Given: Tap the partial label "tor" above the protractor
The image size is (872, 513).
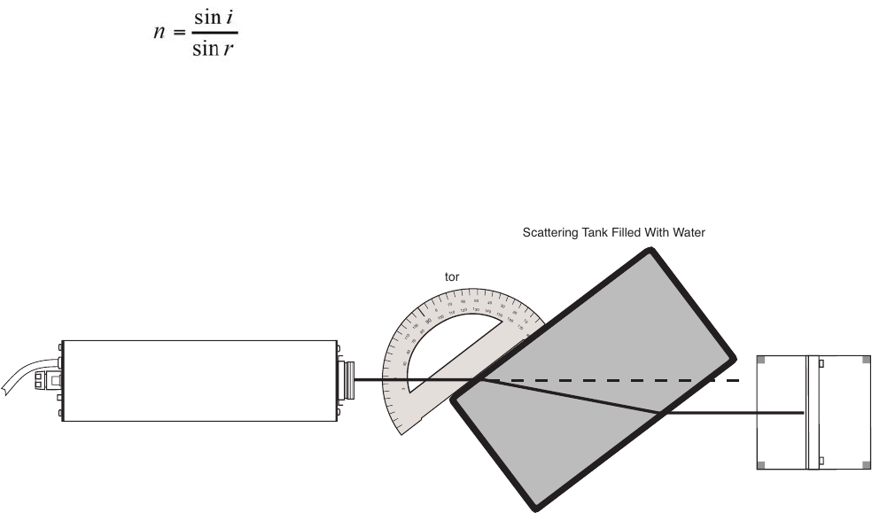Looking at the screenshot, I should [451, 277].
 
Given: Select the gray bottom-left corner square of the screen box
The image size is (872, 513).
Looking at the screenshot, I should [760, 465].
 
